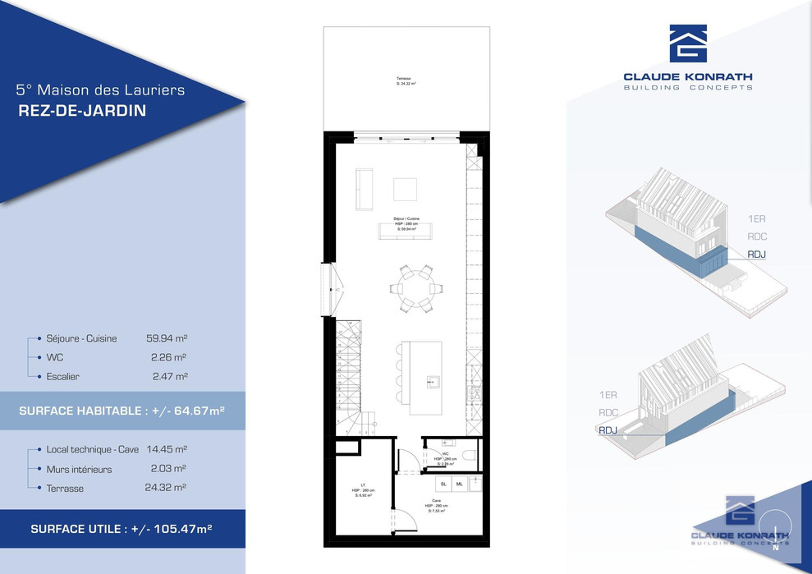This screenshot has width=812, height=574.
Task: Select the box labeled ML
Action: coord(459,484)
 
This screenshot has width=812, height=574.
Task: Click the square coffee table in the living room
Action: coord(405,189)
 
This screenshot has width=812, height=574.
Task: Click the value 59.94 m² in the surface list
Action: coord(167,338)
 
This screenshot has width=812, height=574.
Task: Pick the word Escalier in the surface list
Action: coord(63,376)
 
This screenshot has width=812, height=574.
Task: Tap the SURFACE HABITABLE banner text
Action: coord(122,410)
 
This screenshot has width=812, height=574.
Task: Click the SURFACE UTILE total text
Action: coord(122,529)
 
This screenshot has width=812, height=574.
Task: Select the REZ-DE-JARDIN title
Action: coord(82,111)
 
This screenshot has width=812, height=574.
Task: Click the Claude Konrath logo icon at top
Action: coord(688,43)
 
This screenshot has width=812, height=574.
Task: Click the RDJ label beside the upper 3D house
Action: coord(757,255)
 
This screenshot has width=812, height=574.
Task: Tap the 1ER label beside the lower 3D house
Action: coord(608,395)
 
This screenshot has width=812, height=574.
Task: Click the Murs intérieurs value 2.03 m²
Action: coord(168,469)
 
